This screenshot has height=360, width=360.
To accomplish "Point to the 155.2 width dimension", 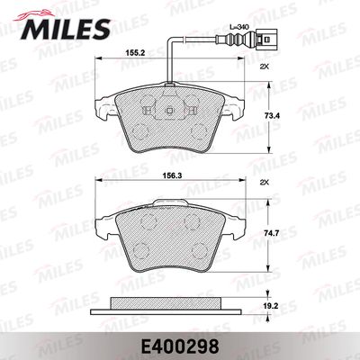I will coord(135,53).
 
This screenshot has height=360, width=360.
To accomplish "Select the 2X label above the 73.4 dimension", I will coord(263,68).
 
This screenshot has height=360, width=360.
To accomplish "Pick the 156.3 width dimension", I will coord(135,177).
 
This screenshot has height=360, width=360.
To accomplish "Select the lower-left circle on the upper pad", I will coord(135,133).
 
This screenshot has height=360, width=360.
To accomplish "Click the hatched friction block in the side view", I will coord(169,301).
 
